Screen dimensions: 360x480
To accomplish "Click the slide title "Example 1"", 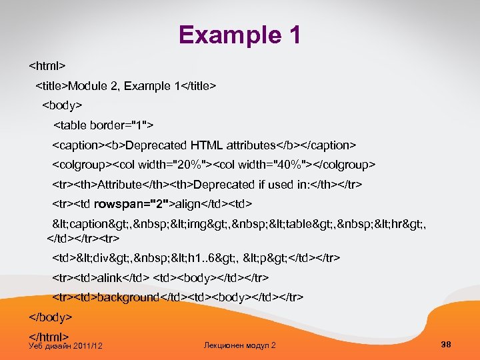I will pos(240,35).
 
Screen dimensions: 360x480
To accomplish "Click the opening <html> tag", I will pos(47,67).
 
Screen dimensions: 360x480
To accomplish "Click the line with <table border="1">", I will pos(103,125).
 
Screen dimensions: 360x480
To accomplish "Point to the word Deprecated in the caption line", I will pos(156,145).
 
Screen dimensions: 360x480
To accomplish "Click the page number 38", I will pos(446,344).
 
